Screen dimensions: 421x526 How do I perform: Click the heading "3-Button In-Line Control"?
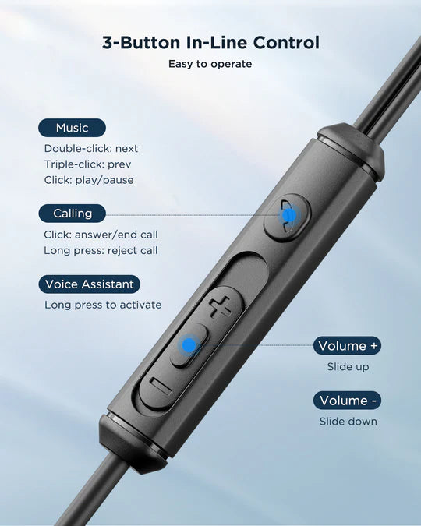point(210,43)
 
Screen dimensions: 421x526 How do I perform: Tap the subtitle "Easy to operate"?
point(210,64)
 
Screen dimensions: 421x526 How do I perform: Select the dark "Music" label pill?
point(73,128)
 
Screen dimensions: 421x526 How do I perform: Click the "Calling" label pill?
point(73,214)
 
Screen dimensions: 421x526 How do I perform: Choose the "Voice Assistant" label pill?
point(90,284)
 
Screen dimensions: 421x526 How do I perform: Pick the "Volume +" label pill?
point(348,345)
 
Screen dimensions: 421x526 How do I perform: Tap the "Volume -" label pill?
point(348,401)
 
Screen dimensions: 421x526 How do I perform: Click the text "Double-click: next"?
point(91,148)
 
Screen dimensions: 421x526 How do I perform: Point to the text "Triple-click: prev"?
point(87,164)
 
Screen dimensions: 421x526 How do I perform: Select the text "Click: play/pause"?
point(89,180)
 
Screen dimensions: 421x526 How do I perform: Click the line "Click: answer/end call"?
point(101,235)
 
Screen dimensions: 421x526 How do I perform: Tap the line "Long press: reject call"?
point(101,250)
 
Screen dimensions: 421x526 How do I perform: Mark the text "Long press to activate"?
point(103,305)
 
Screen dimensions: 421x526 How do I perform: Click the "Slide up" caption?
point(348,367)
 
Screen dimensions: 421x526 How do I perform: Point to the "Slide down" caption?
point(348,422)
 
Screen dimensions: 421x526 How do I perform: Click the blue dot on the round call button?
point(288,215)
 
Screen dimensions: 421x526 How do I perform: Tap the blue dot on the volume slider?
point(189,345)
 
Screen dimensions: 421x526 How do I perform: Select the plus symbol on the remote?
point(220,306)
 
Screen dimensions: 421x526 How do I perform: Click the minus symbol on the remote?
point(161,386)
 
